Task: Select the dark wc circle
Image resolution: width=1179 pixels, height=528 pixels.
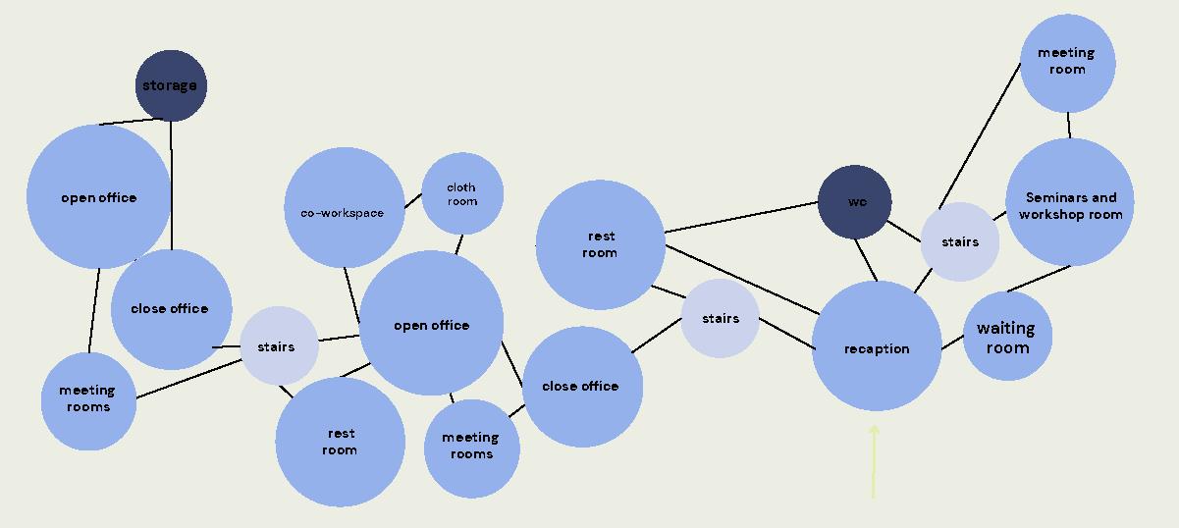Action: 855,202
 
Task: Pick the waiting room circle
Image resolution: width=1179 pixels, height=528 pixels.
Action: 1007,336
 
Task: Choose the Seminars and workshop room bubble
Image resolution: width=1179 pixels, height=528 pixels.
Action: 1070,202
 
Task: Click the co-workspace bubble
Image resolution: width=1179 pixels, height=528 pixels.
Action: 344,207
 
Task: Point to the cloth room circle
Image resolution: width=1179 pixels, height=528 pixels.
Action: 462,193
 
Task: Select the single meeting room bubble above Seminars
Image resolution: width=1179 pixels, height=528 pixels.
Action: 1067,64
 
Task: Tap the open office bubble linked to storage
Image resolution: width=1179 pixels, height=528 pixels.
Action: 98,196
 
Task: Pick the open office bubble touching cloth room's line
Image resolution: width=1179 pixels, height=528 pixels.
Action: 432,324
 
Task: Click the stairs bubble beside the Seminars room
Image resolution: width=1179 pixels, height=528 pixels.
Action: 959,241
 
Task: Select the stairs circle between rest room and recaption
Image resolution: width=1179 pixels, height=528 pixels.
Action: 720,318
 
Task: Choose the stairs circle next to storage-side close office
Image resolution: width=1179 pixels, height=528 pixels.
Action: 280,345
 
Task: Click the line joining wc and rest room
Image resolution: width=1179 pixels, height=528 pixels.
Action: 741,217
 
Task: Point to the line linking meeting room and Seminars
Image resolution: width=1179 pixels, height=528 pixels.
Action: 1068,126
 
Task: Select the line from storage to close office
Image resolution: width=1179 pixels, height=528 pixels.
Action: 172,186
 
